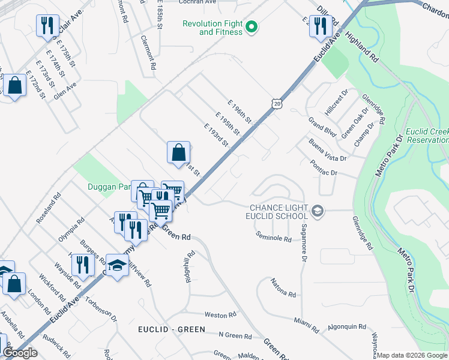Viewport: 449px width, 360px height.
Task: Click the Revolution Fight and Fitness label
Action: (x=213, y=28)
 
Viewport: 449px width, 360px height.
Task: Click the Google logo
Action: (x=20, y=353)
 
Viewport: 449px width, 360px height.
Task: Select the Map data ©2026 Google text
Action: (x=412, y=355)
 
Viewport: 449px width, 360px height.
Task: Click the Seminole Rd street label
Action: (x=273, y=238)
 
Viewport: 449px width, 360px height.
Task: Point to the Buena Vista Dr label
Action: (x=328, y=151)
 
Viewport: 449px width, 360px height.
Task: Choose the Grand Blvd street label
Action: (x=321, y=127)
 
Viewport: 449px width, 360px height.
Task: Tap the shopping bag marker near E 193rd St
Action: (x=178, y=153)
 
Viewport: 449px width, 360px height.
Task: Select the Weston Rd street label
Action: (x=216, y=315)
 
